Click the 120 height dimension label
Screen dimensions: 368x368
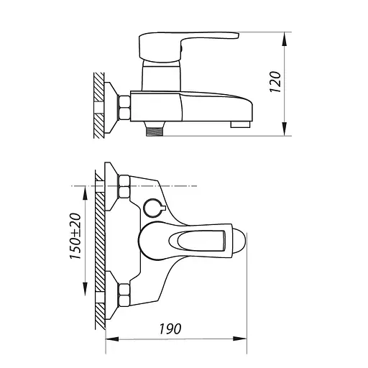pyautogui.click(x=275, y=82)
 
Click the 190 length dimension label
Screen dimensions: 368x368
pyautogui.click(x=170, y=329)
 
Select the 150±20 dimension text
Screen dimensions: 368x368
pyautogui.click(x=75, y=236)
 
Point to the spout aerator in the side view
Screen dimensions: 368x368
pyautogui.click(x=240, y=124)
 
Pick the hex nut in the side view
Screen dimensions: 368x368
pyautogui.click(x=124, y=107)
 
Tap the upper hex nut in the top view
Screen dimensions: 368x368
pyautogui.click(x=124, y=187)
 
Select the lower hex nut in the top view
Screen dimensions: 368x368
pyautogui.click(x=124, y=295)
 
